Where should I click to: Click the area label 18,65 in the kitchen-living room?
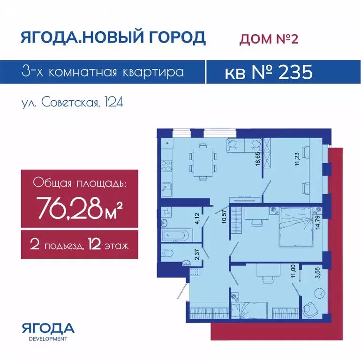258,158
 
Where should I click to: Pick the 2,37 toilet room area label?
197,255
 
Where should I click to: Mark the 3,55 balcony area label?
318,273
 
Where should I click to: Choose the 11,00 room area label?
293,271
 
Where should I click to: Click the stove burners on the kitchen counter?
166,166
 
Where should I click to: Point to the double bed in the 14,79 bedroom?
296,227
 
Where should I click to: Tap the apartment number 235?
295,72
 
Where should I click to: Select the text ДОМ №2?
269,38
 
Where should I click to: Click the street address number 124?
114,102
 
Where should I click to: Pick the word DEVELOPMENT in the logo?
48,339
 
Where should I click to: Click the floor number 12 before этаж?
94,244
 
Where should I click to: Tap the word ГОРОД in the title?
173,37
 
